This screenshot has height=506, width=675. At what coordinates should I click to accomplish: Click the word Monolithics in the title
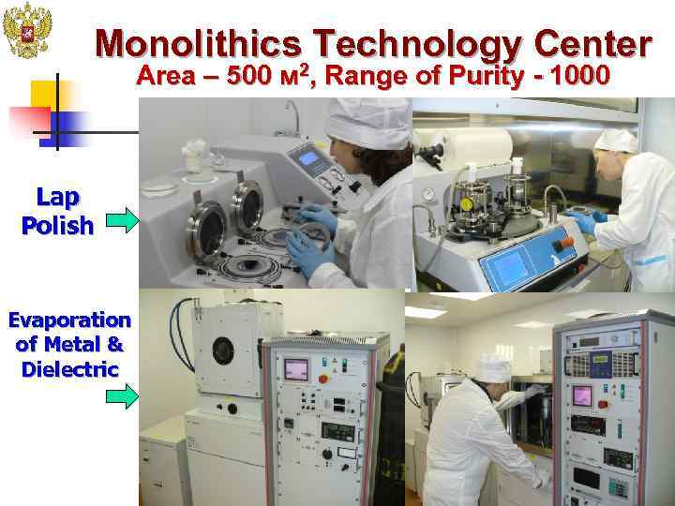199,42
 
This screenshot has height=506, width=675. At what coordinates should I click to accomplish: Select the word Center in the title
592,42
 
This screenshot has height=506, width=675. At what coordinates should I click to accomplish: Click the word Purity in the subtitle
485,76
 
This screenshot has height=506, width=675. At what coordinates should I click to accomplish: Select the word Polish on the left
57,226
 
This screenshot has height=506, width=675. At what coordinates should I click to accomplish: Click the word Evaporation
69,320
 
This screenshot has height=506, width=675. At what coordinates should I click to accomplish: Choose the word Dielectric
69,368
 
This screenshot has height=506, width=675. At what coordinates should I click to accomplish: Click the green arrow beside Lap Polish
121,221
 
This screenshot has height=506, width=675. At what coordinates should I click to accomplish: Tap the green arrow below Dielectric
121,397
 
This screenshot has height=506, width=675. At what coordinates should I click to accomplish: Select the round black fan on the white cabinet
223,350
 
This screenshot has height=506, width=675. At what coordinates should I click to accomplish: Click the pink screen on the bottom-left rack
296,369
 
